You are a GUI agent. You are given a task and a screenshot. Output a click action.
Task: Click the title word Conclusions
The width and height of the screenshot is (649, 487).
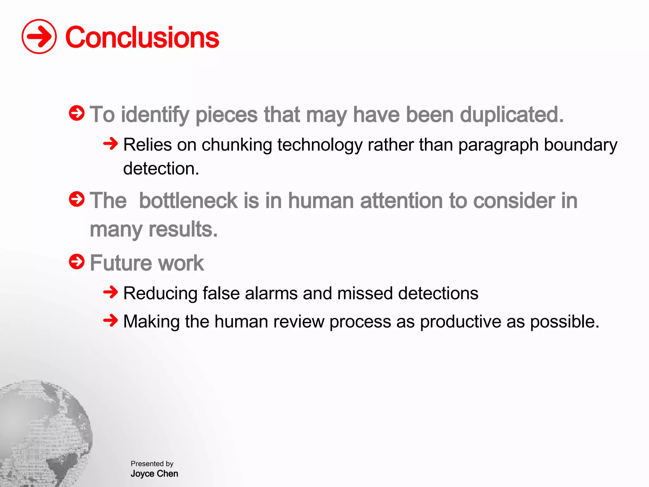coord(142,37)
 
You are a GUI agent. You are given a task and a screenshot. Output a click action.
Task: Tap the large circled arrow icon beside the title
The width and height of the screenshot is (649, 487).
coord(39,36)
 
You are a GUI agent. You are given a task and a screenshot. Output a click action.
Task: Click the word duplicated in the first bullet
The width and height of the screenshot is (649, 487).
coord(511,114)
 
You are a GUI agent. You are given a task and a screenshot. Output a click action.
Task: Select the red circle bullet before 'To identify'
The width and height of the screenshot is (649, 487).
coord(77,113)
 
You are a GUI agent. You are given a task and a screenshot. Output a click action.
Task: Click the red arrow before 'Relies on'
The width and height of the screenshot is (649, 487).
coord(111,144)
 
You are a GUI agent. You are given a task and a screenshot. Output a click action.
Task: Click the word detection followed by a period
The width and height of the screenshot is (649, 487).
coord(161,168)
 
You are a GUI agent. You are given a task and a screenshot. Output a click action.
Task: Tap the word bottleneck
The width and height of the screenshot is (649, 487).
coord(188,201)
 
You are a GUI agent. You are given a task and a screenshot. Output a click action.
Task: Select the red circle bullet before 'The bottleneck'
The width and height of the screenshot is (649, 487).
coord(77,199)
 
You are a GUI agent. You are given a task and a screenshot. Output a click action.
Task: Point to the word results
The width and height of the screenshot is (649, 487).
coord(183,229)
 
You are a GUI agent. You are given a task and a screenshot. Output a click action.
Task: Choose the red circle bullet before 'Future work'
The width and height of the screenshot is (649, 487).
coord(77,262)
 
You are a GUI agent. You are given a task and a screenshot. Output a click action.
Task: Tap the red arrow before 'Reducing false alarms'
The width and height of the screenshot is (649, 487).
coord(111,292)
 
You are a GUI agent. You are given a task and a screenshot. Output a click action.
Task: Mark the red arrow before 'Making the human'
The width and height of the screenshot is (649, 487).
coord(111,320)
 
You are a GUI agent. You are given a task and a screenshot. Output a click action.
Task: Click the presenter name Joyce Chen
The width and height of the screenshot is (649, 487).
coord(154,474)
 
